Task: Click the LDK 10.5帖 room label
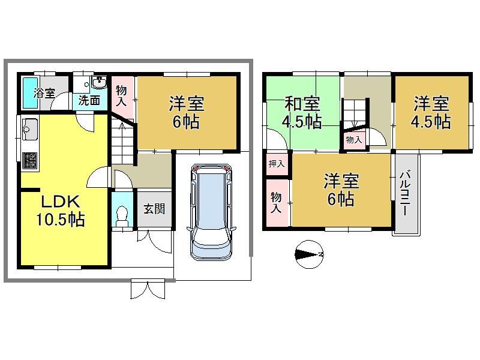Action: [x=61, y=211]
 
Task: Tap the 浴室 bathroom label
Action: [x=44, y=93]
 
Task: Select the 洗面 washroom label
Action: [x=89, y=100]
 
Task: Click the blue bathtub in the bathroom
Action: [x=31, y=92]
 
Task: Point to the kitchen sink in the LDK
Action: [x=30, y=129]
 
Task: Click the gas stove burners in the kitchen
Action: [x=29, y=160]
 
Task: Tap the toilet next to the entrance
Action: [x=122, y=216]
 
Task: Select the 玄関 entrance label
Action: [x=155, y=209]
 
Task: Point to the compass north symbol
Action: [x=309, y=254]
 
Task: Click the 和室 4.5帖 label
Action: [x=302, y=113]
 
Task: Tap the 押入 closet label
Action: [x=277, y=164]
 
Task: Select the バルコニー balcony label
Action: [x=406, y=193]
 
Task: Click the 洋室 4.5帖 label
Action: [x=431, y=113]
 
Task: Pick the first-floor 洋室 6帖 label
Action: [x=187, y=113]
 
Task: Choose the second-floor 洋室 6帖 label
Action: [x=341, y=190]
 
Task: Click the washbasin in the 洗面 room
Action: [x=99, y=82]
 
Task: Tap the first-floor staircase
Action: [x=122, y=142]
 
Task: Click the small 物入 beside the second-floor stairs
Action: [x=354, y=140]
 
